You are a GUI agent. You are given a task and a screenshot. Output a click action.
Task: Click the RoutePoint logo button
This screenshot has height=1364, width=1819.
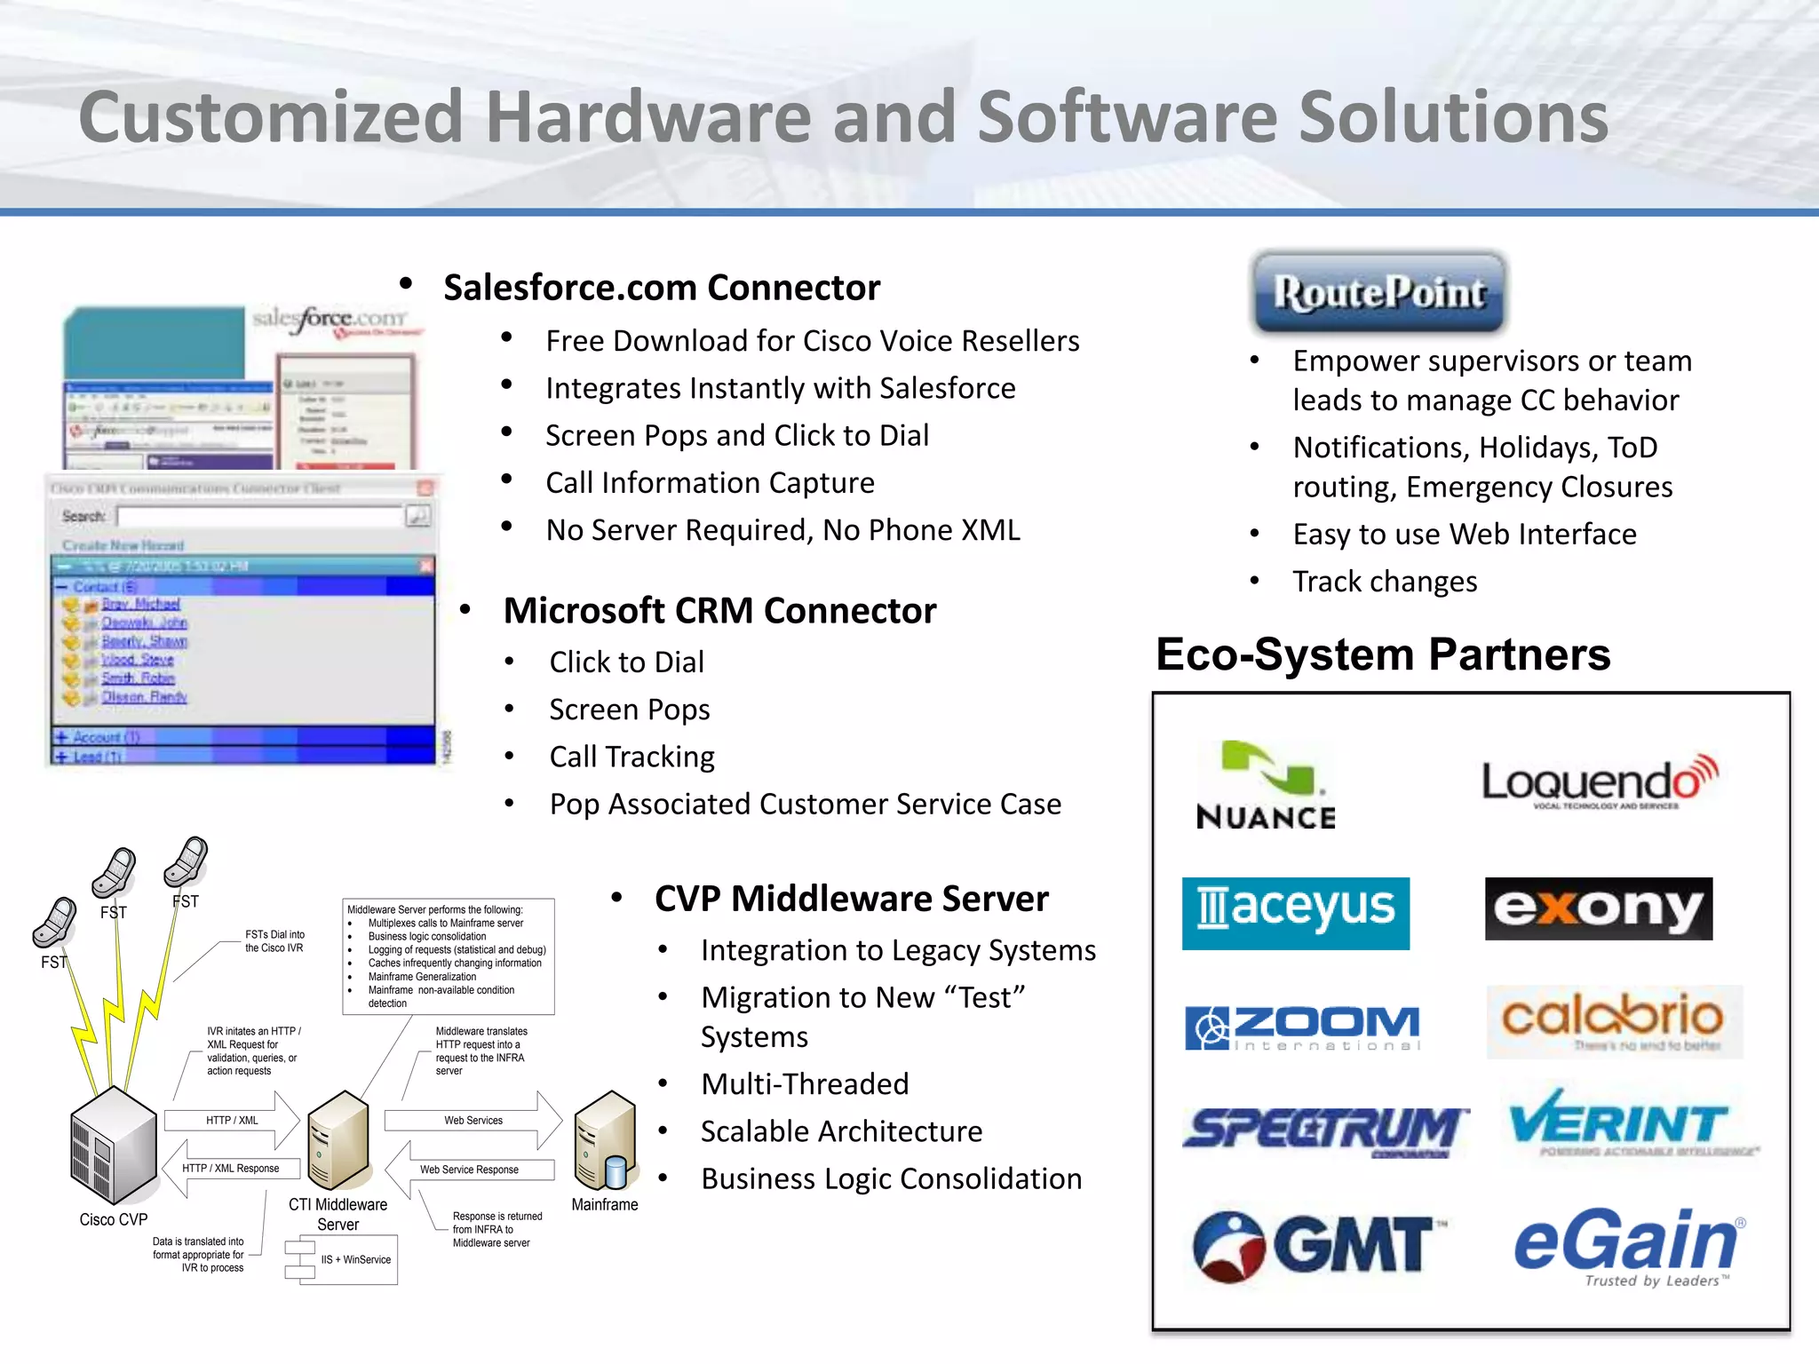pos(1378,292)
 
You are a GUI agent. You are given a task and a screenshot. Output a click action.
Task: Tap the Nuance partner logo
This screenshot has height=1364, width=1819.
pos(1266,785)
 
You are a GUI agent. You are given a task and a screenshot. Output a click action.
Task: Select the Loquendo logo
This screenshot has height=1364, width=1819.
pos(1600,781)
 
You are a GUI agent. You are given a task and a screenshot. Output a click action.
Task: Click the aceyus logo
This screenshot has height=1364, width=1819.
pos(1295,913)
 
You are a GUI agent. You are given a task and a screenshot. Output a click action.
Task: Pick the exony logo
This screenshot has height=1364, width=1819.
pos(1598,908)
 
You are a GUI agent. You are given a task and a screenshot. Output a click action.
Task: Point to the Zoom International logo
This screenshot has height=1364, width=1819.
pos(1303,1027)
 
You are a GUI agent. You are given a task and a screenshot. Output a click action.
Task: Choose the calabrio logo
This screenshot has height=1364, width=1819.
pos(1613,1020)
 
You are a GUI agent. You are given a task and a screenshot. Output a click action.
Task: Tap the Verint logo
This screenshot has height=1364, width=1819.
pos(1620,1123)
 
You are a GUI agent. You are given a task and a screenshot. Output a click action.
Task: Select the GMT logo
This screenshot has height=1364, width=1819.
pos(1315,1244)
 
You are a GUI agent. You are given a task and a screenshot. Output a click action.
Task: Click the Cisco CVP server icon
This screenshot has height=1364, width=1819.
pos(114,1146)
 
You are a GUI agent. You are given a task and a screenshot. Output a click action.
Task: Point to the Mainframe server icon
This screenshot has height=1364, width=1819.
pos(606,1141)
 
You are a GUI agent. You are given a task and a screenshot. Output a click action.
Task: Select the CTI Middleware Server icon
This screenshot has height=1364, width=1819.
pos(338,1141)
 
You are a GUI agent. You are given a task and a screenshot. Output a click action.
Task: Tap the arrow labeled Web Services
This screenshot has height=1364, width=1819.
pos(474,1121)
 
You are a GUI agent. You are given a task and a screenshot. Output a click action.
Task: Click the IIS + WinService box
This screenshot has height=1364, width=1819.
pos(355,1259)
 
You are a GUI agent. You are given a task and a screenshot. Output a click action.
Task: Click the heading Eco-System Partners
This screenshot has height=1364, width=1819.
pos(1382,655)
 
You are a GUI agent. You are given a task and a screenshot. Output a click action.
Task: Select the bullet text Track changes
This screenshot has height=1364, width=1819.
pos(1384,582)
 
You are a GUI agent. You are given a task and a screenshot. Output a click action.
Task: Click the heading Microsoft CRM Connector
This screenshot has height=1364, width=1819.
pos(719,611)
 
